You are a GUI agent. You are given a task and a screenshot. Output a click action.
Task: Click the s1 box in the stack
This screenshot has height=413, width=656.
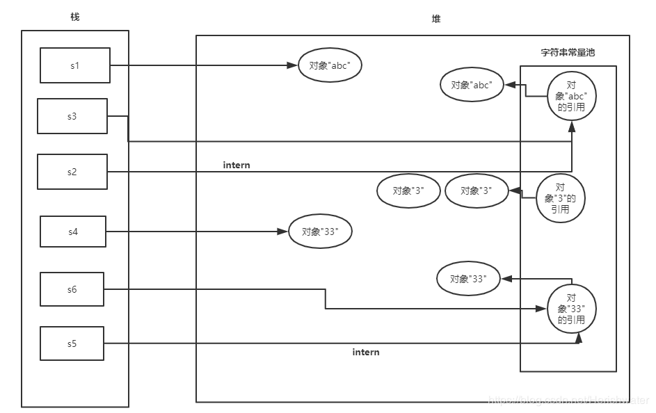pos(75,65)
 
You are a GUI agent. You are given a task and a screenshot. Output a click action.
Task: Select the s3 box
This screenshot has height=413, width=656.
pos(72,116)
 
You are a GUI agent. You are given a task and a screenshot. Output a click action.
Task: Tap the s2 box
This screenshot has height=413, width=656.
pos(72,172)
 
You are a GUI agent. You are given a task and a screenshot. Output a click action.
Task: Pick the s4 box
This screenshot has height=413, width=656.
pos(73,232)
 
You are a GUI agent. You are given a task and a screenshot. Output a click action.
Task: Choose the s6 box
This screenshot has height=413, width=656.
pos(72,289)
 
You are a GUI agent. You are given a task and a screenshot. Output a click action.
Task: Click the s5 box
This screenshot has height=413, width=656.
pos(72,343)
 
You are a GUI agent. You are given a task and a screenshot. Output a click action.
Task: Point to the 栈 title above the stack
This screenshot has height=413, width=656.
pos(75,17)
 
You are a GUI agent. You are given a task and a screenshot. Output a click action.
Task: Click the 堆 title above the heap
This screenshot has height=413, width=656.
pos(436,19)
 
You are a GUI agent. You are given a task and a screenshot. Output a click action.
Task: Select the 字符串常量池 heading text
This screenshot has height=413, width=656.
pos(568,52)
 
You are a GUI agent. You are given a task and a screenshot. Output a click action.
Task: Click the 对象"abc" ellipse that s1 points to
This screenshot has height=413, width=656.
pos(330,66)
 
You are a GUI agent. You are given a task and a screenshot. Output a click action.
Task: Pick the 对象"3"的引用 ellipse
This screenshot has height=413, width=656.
pos(561,198)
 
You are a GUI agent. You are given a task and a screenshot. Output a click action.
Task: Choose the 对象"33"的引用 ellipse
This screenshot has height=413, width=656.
pos(571,309)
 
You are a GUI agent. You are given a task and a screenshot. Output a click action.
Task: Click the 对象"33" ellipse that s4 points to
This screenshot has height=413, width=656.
pos(321,232)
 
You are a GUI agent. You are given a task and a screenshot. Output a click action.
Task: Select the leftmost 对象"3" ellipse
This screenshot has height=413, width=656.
pos(408,191)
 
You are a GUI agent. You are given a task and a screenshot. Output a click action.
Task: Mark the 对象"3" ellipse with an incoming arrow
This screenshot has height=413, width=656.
pos(477,191)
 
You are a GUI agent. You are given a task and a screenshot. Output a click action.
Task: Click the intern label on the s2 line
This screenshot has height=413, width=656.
pos(237,165)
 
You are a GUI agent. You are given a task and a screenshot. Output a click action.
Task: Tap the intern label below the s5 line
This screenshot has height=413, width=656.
pos(366,353)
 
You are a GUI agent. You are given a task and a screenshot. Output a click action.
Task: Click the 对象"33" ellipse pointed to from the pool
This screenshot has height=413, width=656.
pos(467,279)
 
